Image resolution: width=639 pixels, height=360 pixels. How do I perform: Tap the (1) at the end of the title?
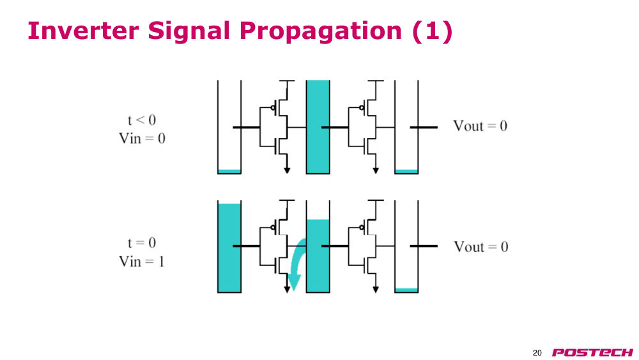[433, 31]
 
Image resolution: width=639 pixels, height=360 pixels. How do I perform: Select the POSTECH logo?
[592, 352]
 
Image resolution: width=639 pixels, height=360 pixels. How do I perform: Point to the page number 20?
[537, 353]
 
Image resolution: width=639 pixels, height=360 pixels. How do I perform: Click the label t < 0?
[141, 120]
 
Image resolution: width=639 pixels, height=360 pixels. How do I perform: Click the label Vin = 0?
[142, 139]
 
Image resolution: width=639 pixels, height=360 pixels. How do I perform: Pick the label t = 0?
[141, 243]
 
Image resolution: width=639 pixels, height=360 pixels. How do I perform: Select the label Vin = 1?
[141, 262]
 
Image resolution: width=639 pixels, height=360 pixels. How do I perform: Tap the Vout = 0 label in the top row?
[480, 126]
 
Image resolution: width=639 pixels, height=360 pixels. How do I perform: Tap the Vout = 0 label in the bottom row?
[481, 247]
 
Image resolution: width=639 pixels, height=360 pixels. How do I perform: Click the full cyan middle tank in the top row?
[318, 127]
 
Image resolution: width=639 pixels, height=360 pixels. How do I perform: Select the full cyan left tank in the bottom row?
[229, 248]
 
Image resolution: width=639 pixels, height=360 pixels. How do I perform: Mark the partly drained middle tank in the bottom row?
[318, 256]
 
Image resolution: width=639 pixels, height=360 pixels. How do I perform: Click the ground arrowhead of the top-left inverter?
[287, 171]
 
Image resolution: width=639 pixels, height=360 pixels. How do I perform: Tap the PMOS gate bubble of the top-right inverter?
[362, 108]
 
